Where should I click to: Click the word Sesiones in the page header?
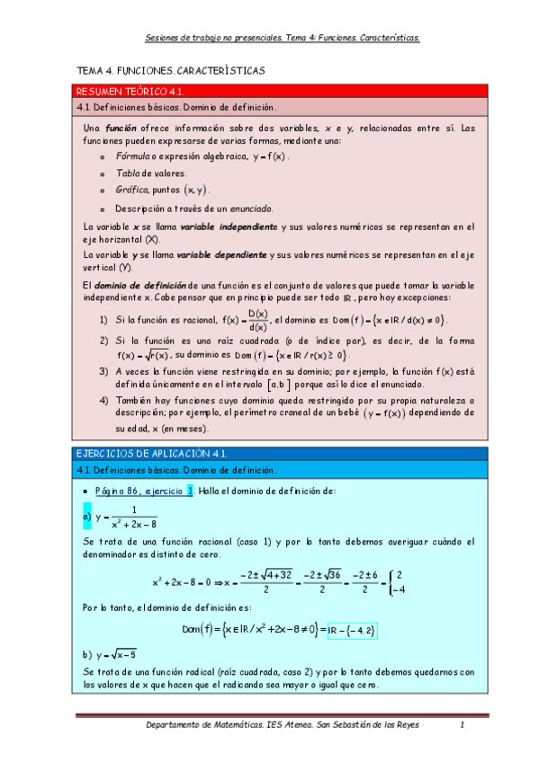point(165,39)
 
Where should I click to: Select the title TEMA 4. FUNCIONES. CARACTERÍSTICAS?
point(171,70)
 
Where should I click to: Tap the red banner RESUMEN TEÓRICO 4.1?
point(130,92)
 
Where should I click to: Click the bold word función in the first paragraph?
point(121,128)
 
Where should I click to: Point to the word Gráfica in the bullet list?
point(130,190)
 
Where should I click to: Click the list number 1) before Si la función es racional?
point(104,319)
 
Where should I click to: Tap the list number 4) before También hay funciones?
point(104,399)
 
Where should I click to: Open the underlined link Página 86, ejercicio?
point(139,491)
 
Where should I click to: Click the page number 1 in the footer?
point(461,725)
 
